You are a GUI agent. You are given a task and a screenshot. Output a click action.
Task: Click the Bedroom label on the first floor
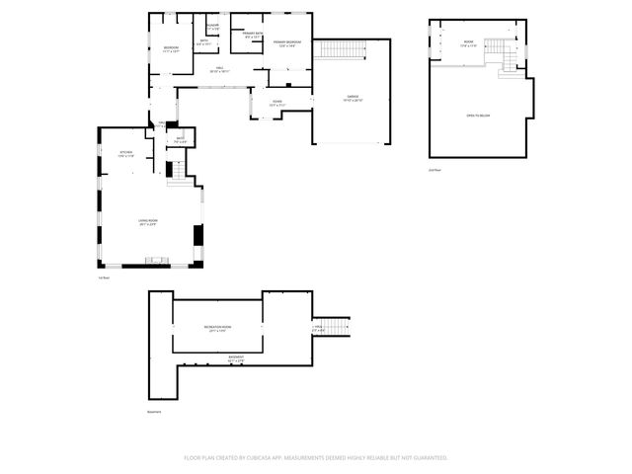[172, 48]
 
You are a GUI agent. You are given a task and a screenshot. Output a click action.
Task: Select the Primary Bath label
[252, 35]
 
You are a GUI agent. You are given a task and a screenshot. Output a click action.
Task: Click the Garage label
[353, 99]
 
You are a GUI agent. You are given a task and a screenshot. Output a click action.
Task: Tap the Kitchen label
[126, 154]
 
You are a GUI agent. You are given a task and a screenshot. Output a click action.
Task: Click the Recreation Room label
[219, 329]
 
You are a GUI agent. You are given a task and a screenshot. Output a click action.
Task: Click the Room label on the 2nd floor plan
[468, 43]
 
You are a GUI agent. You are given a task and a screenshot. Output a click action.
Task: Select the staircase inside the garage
[339, 50]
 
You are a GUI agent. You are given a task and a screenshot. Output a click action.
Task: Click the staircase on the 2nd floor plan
[510, 58]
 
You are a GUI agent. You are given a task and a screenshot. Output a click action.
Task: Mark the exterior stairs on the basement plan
[338, 327]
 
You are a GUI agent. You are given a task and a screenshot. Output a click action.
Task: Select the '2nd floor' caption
[434, 171]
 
